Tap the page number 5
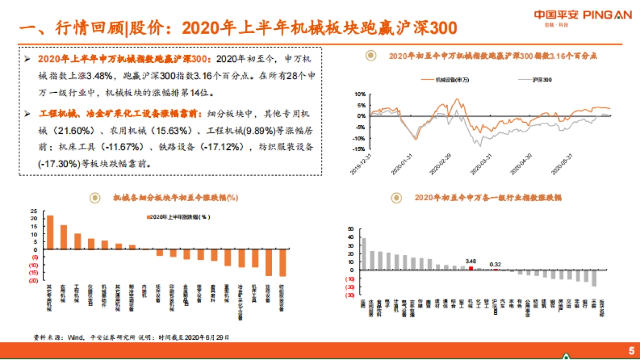click(631, 350)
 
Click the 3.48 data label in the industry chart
click(470, 261)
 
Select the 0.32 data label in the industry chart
click(495, 263)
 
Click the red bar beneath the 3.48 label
click(470, 268)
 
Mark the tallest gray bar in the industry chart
click(364, 254)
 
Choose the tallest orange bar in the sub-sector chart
click(50, 232)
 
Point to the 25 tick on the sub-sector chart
click(34, 210)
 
